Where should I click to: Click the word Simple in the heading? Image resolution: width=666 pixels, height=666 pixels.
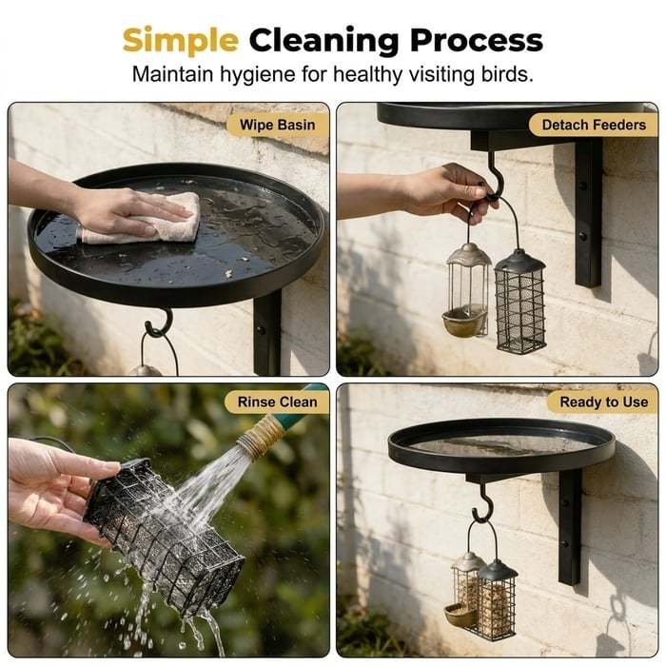pyautogui.click(x=180, y=41)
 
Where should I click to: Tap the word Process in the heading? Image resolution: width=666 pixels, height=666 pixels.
pyautogui.click(x=476, y=40)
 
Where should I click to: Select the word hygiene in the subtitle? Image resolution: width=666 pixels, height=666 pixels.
pyautogui.click(x=258, y=75)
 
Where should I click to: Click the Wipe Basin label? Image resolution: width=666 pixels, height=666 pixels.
pyautogui.click(x=278, y=125)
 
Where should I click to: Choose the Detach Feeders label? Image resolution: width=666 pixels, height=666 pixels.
pyautogui.click(x=594, y=125)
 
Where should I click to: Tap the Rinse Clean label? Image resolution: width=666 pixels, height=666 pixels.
pyautogui.click(x=278, y=402)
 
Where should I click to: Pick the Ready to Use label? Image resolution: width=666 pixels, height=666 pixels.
pyautogui.click(x=603, y=402)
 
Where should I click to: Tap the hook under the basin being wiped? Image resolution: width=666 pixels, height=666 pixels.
pyautogui.click(x=160, y=323)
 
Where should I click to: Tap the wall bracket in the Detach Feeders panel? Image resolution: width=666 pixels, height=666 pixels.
pyautogui.click(x=588, y=212)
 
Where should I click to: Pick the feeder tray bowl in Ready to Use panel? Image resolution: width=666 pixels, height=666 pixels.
pyautogui.click(x=460, y=615)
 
